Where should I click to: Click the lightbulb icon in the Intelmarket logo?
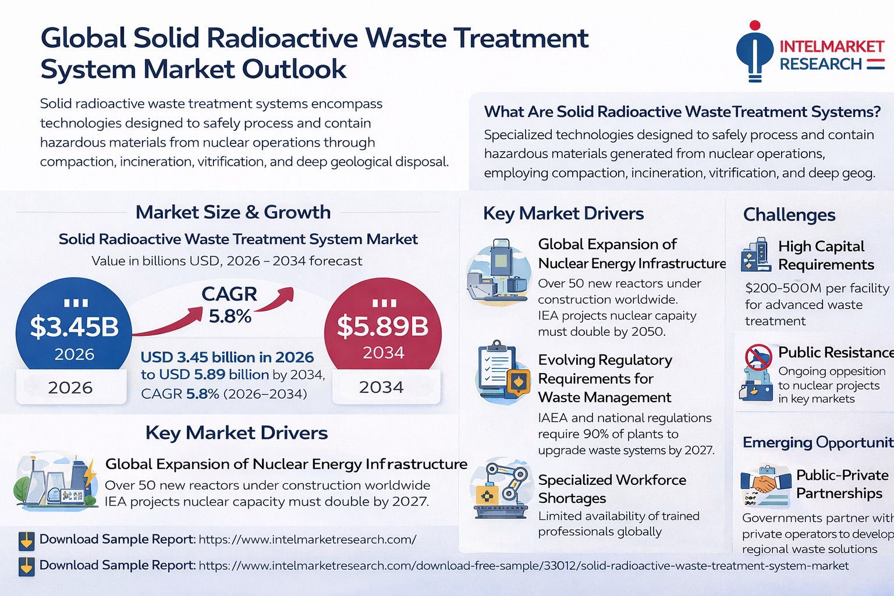754,52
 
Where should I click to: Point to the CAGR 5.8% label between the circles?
229,305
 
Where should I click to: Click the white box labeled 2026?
71,387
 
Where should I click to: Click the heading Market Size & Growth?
233,212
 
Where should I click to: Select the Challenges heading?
789,215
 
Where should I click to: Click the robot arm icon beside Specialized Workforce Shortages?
502,489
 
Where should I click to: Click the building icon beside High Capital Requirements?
755,255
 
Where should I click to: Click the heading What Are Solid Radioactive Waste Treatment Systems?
682,112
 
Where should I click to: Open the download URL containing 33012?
523,566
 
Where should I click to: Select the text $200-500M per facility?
817,288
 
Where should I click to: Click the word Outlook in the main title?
294,69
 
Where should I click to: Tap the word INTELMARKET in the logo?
832,47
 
